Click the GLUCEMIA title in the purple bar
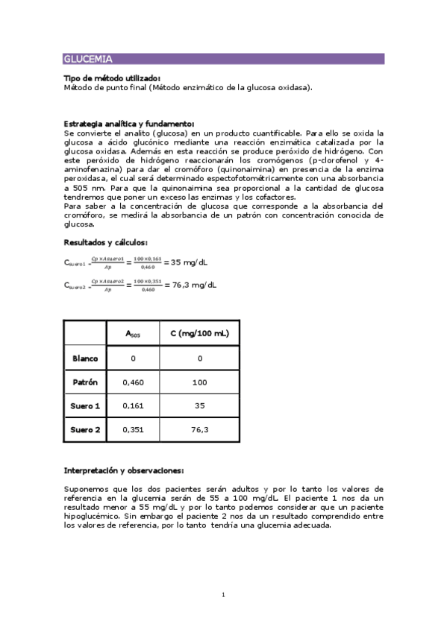point(88,59)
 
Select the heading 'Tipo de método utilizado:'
point(112,78)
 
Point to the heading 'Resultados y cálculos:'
point(105,242)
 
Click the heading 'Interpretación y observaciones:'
point(124,471)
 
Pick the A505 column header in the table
point(133,334)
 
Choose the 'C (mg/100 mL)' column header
point(199,334)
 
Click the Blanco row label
point(85,358)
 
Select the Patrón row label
point(85,382)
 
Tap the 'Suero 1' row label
point(85,406)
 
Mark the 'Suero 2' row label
point(85,430)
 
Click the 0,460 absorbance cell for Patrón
point(133,382)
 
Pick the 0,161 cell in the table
point(133,406)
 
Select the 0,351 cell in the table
point(133,430)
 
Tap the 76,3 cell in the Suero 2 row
point(199,430)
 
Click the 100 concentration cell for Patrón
point(199,382)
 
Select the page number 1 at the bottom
point(223,595)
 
